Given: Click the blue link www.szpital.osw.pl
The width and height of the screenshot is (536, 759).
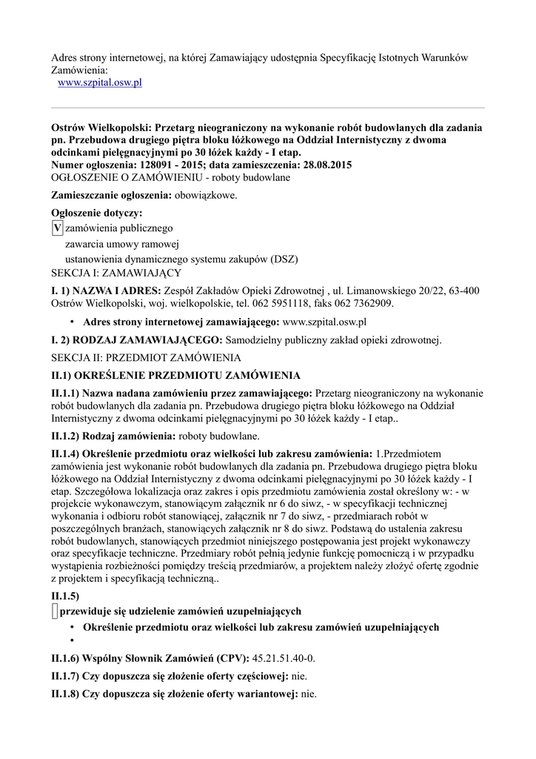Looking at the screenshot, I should (x=99, y=82).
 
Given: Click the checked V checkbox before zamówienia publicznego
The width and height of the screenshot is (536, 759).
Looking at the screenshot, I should (x=57, y=228).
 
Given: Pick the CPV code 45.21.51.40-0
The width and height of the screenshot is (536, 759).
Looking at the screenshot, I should (x=284, y=658).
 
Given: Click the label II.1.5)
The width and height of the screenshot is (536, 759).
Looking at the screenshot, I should (x=65, y=596).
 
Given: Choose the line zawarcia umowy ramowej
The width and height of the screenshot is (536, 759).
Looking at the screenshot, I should (x=122, y=244).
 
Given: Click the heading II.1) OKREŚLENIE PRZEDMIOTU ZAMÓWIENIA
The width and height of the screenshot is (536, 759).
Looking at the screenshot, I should (x=175, y=375).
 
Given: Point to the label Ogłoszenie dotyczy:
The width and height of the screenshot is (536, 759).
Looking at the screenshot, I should (x=96, y=213).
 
